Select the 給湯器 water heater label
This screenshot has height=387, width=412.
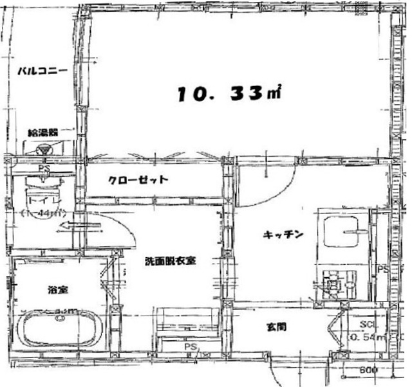42,132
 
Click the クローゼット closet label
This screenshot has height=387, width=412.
138,180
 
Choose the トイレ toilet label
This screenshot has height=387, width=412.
39,201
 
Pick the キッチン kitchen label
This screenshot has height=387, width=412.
282,235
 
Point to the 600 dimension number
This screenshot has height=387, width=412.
368,371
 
